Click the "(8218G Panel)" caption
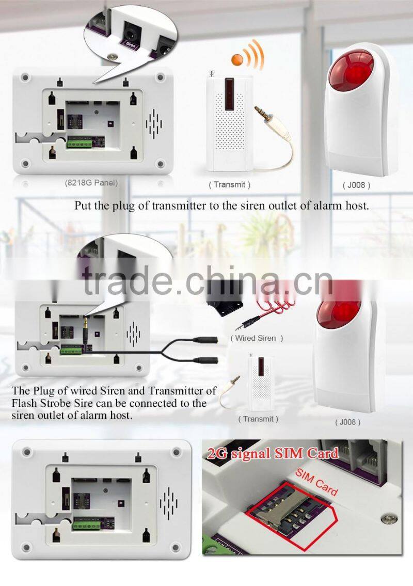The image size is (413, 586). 91,183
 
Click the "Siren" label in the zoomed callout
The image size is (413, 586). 131,46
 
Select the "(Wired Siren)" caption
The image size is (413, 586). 257,338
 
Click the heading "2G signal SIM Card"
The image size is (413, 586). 273,453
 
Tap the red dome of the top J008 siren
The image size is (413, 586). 351,72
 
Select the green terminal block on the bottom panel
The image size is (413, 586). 87,525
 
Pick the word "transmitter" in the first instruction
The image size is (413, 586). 178,205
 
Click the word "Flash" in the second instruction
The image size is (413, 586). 25,403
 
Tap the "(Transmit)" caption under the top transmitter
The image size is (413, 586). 230,184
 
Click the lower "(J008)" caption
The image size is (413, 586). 347,422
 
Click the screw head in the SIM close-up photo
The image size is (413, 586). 389,519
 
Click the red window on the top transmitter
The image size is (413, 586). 230,94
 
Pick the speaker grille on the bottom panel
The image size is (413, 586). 168,503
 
